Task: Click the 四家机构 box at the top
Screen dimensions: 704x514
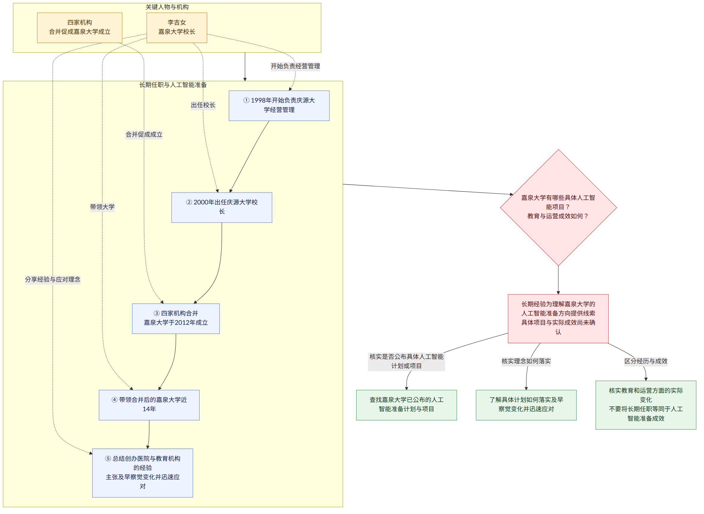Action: click(x=80, y=28)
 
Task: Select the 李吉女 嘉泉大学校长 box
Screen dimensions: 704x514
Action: click(x=177, y=28)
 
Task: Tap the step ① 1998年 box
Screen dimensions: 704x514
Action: click(x=279, y=106)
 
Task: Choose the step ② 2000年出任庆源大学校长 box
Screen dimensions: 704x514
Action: click(x=222, y=207)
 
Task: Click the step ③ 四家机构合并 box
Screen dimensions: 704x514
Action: click(x=176, y=319)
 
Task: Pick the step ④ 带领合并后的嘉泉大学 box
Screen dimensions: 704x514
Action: click(x=149, y=405)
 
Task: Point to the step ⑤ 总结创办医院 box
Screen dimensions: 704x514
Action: click(x=143, y=473)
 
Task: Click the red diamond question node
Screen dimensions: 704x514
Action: click(x=558, y=207)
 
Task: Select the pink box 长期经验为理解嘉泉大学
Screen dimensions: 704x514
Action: click(x=558, y=319)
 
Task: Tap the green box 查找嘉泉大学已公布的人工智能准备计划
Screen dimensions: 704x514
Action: click(x=407, y=405)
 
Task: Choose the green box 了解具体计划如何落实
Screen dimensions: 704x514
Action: click(x=526, y=405)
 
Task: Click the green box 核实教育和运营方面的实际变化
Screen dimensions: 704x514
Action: click(x=646, y=405)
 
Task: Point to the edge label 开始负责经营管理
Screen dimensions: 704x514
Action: click(x=296, y=66)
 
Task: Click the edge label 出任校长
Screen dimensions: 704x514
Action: click(x=203, y=105)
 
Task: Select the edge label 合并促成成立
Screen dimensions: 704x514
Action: click(x=144, y=135)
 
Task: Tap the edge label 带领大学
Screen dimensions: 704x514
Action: click(x=103, y=207)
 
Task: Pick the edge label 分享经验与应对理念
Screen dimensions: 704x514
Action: click(x=53, y=280)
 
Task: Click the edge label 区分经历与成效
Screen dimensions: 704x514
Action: click(x=646, y=361)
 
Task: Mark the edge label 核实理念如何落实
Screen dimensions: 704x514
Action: click(x=526, y=361)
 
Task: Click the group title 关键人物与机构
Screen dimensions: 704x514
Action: click(x=167, y=7)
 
